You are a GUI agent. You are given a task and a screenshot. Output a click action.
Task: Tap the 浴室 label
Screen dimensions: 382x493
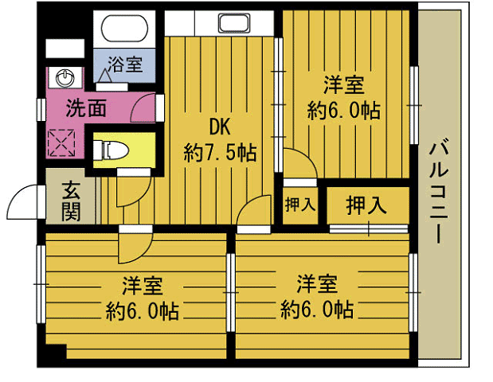(126, 64)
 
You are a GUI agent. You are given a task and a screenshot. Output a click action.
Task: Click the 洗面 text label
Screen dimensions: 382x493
(85, 109)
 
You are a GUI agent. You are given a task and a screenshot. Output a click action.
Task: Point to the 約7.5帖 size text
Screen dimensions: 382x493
(220, 152)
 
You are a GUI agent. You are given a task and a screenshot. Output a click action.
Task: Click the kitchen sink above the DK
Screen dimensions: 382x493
(236, 23)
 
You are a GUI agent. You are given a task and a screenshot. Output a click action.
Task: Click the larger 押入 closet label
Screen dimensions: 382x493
(366, 205)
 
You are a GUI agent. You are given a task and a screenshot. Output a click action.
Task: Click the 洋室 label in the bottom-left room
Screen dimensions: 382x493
(143, 284)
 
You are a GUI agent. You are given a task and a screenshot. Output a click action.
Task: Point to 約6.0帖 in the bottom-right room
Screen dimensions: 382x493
(317, 310)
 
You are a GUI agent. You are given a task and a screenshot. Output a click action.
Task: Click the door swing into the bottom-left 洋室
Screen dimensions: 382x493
(133, 248)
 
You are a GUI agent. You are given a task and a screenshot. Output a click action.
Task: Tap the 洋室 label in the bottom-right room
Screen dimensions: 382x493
(317, 284)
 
